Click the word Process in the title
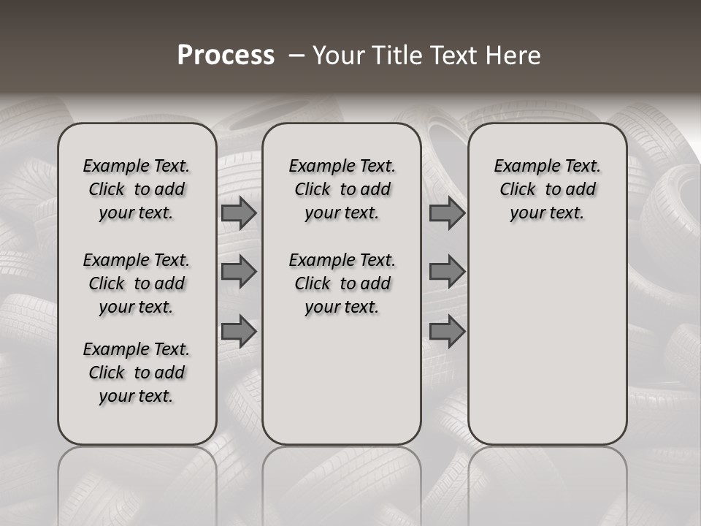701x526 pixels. (226, 56)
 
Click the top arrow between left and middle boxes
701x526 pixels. (239, 213)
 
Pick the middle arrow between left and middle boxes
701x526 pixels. (239, 272)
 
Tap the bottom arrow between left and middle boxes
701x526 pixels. (239, 331)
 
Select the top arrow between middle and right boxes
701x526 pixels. (447, 213)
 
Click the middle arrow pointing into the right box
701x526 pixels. (447, 272)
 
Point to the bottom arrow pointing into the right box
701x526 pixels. (447, 331)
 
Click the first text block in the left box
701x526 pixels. (136, 189)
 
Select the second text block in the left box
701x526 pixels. (136, 283)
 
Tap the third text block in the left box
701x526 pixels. (136, 373)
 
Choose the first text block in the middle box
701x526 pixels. (342, 189)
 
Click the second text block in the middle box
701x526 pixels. (342, 283)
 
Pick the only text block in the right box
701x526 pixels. (547, 189)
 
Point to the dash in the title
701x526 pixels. (296, 56)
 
